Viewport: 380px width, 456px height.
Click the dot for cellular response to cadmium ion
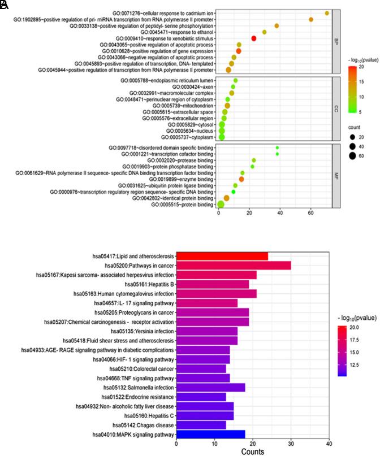[327, 13]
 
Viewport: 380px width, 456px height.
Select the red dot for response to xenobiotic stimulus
[254, 38]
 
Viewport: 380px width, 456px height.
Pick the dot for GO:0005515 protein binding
[221, 204]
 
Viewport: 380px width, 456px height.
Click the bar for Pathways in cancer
[234, 265]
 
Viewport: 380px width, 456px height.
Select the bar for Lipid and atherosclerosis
[222, 256]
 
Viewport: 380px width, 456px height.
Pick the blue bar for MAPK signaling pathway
[211, 434]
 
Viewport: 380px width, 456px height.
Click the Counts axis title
[252, 451]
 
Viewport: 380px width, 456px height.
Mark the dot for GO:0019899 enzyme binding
[241, 179]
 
